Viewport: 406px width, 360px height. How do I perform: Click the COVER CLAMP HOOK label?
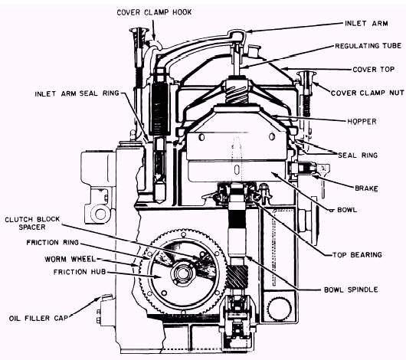154,12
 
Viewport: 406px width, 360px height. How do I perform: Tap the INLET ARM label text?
366,23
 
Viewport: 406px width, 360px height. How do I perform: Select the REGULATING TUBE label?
368,46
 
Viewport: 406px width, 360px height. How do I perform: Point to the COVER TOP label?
373,70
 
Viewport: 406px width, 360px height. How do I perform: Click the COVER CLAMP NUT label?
367,93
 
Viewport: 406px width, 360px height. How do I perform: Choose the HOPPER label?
362,121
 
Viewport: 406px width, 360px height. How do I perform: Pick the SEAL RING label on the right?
358,155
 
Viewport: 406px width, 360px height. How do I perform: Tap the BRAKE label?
366,188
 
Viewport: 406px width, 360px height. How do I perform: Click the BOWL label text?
347,210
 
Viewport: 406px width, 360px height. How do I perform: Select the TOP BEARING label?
357,254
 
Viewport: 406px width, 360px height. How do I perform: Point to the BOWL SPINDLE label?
351,290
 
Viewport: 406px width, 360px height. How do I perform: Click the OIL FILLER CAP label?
38,318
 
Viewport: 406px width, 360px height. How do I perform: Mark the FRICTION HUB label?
80,272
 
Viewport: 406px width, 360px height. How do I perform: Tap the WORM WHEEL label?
70,259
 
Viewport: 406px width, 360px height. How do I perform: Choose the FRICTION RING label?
53,242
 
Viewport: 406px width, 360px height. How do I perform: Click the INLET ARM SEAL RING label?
77,93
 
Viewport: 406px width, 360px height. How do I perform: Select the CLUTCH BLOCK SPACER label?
32,223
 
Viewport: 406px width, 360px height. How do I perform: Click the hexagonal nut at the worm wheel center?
183,273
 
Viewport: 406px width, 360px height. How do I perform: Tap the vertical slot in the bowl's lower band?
237,170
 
